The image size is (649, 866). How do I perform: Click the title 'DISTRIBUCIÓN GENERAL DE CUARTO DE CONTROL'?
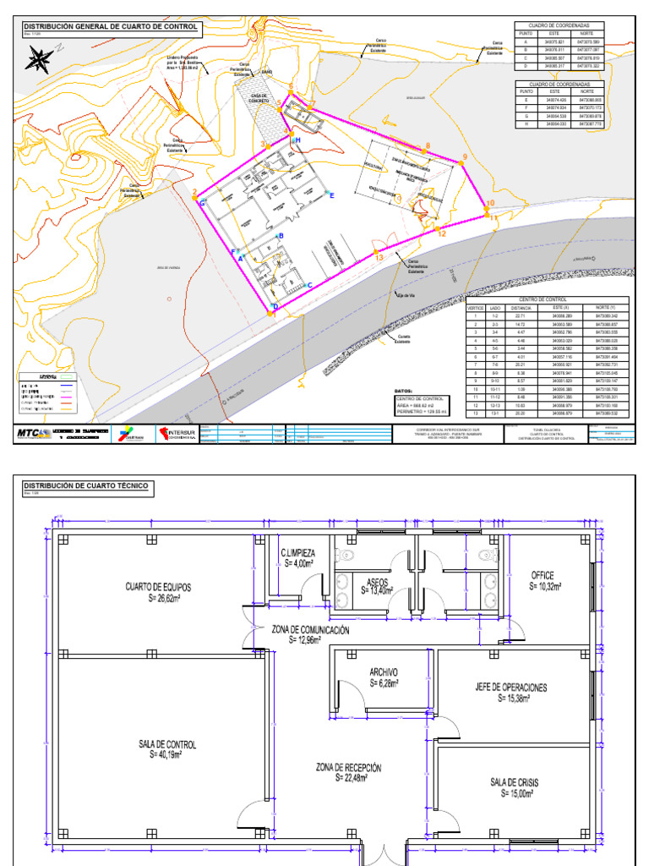[x=111, y=27]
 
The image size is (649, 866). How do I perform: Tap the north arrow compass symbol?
[x=38, y=58]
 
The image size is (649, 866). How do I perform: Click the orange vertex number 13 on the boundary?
[x=379, y=257]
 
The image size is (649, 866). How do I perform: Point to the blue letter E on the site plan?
[x=332, y=195]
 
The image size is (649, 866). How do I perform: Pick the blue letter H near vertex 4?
[x=297, y=141]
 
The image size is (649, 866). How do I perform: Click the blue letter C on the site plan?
[x=309, y=286]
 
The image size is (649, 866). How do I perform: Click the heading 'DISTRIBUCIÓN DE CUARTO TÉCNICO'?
[x=86, y=486]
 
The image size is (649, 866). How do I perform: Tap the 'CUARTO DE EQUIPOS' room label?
[x=158, y=587]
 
